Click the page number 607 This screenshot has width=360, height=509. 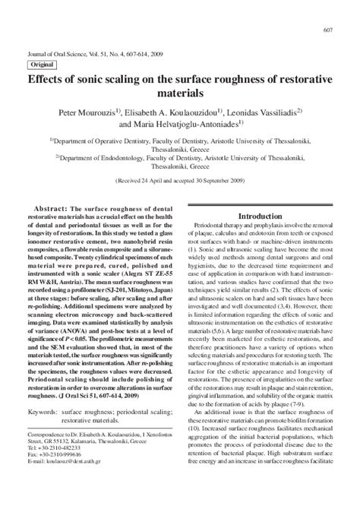point(328,30)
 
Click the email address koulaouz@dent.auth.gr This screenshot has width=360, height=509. point(62,460)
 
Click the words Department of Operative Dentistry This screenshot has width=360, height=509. point(99,141)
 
